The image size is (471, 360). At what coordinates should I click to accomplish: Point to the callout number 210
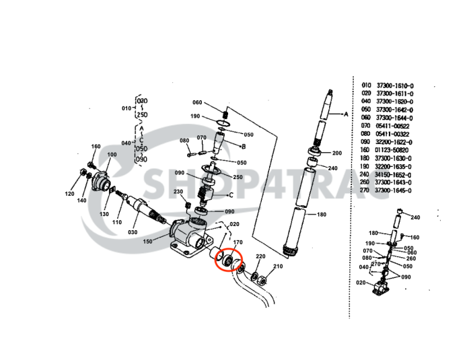279,266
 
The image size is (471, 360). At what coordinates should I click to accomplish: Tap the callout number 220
260,257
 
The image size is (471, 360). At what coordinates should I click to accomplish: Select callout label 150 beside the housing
147,240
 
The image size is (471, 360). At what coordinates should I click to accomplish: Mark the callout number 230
178,191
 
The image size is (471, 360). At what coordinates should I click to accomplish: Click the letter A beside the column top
346,114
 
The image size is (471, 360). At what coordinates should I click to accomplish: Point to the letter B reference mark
244,146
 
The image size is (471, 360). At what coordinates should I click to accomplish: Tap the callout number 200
336,153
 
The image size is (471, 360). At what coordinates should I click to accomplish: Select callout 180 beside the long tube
321,215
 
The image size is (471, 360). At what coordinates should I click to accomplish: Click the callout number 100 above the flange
111,155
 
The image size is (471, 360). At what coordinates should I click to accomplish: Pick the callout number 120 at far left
69,194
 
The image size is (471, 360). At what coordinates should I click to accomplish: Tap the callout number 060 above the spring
197,102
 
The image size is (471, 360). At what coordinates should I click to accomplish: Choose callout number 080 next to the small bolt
184,140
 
